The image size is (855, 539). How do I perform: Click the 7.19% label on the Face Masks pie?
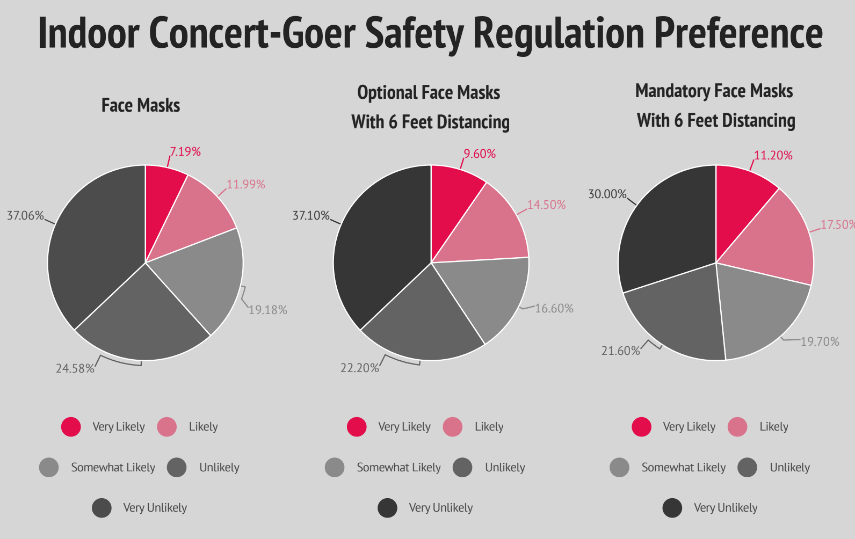(185, 152)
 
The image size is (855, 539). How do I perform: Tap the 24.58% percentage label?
(75, 369)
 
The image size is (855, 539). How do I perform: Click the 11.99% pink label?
(246, 185)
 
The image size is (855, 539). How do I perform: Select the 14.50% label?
(546, 205)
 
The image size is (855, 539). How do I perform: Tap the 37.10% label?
(310, 216)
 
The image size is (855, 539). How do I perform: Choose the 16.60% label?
(554, 309)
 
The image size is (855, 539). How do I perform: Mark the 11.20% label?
(773, 156)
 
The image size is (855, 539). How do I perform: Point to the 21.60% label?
(620, 351)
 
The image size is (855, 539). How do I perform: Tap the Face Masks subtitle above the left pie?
(141, 105)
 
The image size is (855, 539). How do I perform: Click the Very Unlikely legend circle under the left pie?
(102, 508)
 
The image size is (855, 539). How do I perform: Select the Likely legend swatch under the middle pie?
(453, 427)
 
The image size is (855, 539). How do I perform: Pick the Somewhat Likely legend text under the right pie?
(683, 468)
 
